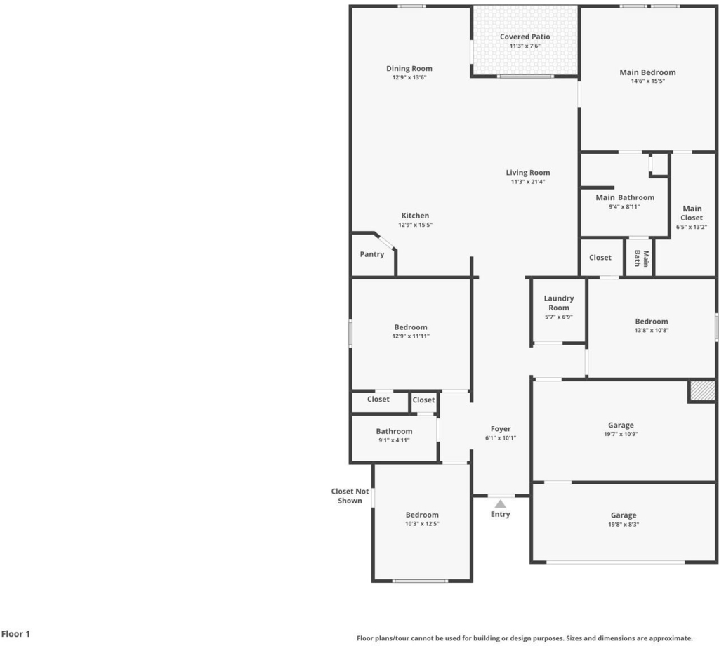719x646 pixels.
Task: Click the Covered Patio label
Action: pos(525,37)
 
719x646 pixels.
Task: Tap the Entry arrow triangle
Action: pos(500,504)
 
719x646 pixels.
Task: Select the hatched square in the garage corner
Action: pos(702,390)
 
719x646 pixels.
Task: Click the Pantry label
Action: pos(372,254)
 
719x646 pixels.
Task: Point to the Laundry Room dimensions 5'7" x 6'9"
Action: pos(558,317)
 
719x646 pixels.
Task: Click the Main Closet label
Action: pos(692,213)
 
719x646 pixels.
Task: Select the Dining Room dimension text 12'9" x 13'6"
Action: pos(409,77)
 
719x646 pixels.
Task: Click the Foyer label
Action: pos(500,429)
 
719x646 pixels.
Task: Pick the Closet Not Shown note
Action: pos(350,496)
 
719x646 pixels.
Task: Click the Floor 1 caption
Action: pos(15,634)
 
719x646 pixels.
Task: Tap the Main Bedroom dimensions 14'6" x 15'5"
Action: pos(647,81)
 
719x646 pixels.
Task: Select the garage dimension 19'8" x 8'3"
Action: pos(624,525)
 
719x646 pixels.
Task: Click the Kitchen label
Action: pos(415,216)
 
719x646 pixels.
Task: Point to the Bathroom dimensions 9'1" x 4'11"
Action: pos(394,440)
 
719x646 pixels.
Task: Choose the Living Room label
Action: pos(528,173)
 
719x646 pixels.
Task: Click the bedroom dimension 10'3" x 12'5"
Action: pos(422,524)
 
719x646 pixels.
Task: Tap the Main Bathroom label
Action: pos(624,197)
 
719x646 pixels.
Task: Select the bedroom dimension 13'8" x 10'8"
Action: pos(652,330)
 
